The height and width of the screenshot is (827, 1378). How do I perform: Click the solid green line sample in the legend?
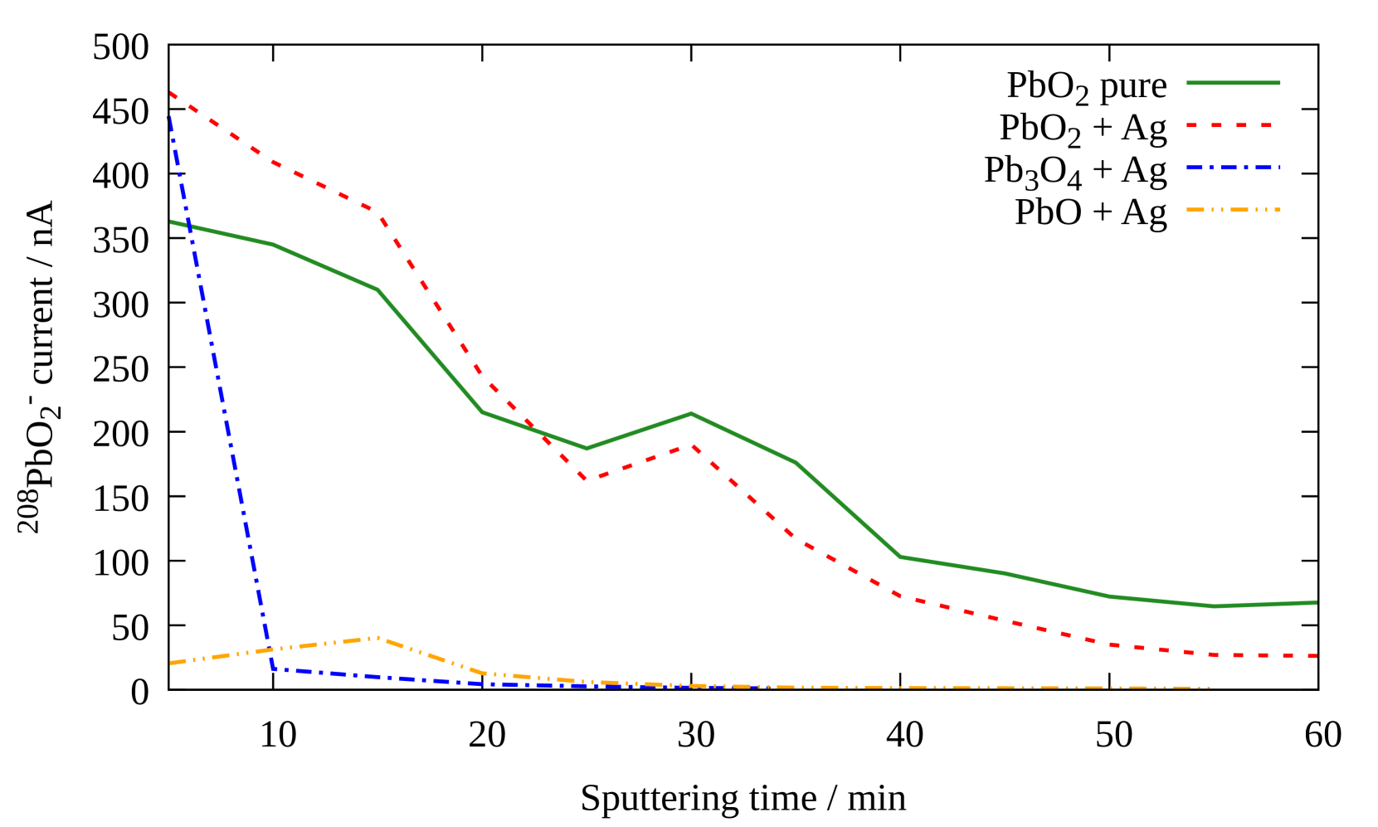(x=1233, y=83)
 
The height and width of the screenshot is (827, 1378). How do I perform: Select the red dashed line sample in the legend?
(x=1233, y=125)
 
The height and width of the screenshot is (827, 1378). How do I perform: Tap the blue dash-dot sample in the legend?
(x=1233, y=168)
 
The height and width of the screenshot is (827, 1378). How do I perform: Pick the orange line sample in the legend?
(x=1233, y=210)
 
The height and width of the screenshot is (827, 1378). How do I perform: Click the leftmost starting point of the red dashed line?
(x=170, y=93)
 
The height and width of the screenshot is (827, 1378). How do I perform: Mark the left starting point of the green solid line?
(x=170, y=221)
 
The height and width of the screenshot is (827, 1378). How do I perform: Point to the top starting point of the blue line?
(x=170, y=116)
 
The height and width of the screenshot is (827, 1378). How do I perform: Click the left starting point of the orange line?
(x=170, y=663)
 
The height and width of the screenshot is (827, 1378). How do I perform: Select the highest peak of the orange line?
(x=378, y=637)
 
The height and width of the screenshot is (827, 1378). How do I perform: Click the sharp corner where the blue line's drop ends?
(x=274, y=669)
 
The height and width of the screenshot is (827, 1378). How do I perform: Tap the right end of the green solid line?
(x=1317, y=602)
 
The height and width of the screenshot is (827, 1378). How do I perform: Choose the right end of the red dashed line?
(x=1317, y=655)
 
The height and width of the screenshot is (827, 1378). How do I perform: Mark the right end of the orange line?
(x=1211, y=688)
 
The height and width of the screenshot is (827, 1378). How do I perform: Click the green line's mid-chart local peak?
(x=691, y=413)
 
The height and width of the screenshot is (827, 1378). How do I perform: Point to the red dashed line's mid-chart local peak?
(x=691, y=445)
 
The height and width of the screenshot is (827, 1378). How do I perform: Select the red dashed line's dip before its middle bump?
(x=587, y=479)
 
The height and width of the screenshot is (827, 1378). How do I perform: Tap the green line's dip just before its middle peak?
(x=587, y=449)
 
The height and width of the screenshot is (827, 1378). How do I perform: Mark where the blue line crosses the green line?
(x=190, y=226)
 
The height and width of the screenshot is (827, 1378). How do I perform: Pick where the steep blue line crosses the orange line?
(x=270, y=650)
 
